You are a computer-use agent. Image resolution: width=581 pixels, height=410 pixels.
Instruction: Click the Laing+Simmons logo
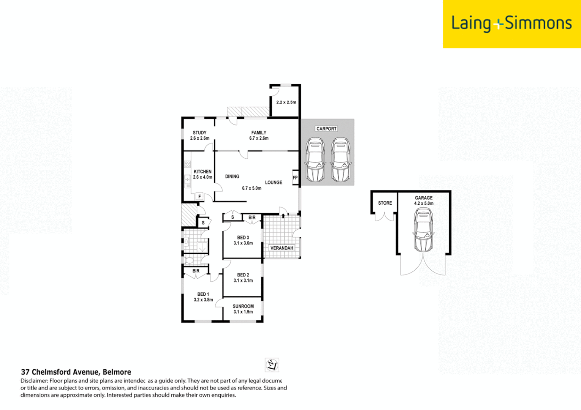[511, 24]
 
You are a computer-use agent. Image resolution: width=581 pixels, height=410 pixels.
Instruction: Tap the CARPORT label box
[326, 129]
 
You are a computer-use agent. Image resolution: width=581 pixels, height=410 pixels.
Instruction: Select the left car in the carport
[315, 159]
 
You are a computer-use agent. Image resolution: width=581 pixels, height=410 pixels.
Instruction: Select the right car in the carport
[340, 159]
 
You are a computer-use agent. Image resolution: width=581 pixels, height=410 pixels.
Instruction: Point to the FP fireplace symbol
[295, 178]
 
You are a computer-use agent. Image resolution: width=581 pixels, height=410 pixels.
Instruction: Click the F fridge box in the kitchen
[199, 196]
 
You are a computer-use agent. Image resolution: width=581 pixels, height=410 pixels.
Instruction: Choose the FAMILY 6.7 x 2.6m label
[259, 136]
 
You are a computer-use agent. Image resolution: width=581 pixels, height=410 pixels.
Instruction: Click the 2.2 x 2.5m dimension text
[286, 102]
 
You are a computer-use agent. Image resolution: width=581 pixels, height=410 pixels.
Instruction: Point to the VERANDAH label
[282, 248]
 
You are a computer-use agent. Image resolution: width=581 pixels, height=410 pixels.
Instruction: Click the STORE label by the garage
[385, 203]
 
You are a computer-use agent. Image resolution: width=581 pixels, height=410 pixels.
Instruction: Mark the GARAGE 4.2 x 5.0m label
[424, 200]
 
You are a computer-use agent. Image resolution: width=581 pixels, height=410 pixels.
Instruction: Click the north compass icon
[272, 365]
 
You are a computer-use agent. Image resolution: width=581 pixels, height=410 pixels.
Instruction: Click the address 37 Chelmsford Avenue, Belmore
[76, 372]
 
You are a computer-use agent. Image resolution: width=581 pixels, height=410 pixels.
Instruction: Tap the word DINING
[232, 177]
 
